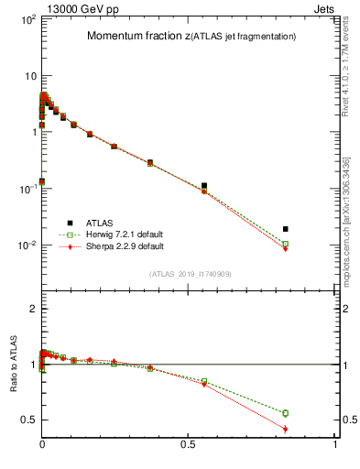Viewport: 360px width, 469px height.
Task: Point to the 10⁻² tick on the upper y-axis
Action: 27,245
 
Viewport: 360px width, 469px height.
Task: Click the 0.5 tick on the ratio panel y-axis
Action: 28,420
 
